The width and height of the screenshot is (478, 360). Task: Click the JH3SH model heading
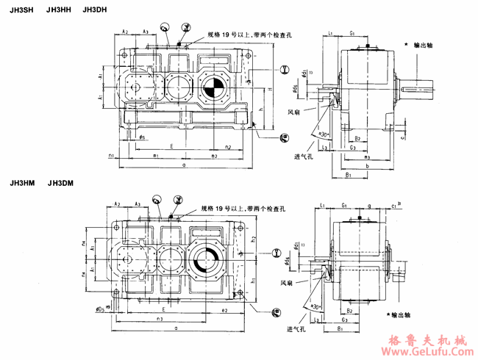tap(20, 10)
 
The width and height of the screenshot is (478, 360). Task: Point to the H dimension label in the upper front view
tap(271, 89)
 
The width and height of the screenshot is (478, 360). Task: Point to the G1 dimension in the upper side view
tap(354, 34)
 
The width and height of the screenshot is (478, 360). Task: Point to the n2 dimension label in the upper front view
tap(229, 146)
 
